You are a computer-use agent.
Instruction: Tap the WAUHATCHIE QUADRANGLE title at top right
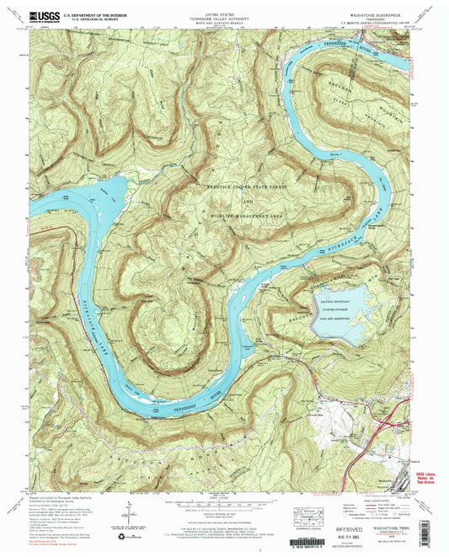pyautogui.click(x=376, y=13)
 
